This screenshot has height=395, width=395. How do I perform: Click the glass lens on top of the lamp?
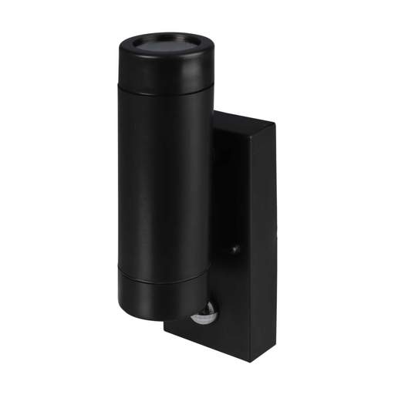point(165,45)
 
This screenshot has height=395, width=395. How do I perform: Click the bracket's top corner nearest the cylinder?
point(214,111)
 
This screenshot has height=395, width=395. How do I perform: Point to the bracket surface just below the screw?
point(235,266)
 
